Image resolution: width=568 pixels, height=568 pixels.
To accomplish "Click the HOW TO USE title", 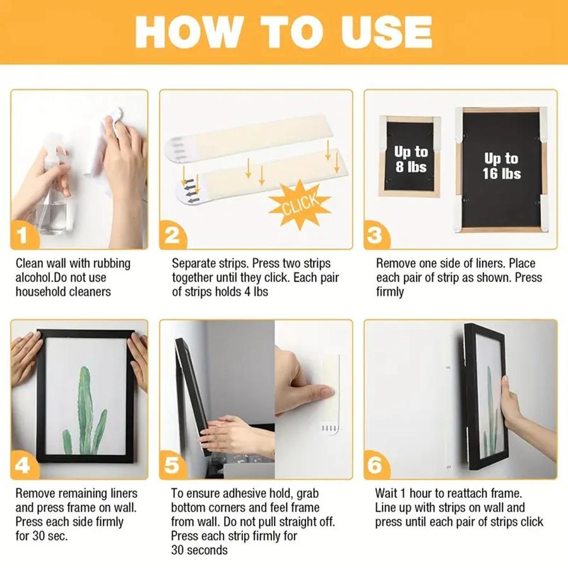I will coord(283,32).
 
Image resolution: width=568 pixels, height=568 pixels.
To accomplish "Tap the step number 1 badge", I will coord(23,237).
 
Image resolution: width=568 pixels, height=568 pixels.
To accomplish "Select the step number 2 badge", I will coord(172,237).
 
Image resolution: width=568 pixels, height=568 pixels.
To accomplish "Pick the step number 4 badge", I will coord(23,466).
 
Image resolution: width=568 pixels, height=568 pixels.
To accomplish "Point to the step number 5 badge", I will coord(172,466).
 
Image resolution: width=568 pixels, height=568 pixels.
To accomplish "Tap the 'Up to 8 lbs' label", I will coord(411,159).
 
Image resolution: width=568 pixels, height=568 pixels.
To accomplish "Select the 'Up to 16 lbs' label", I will coord(502,165).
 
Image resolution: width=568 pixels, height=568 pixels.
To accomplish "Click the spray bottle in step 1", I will coord(54,189).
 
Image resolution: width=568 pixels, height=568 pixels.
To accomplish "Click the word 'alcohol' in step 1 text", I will coord(33,278).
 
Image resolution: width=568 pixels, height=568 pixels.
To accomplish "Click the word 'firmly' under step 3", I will coord(390,292).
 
